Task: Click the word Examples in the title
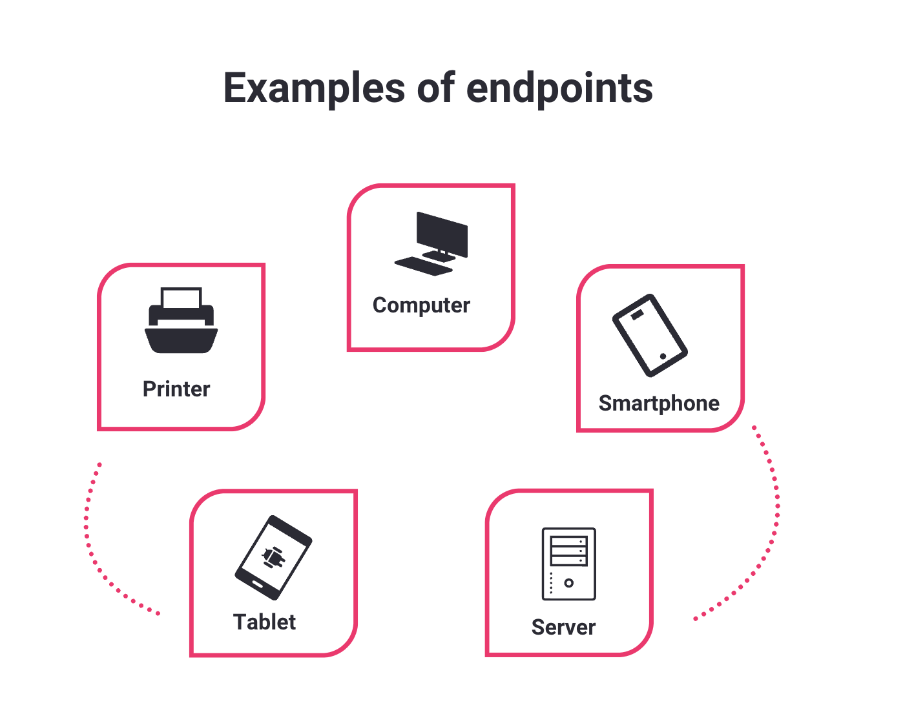coord(314,88)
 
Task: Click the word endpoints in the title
coord(559,88)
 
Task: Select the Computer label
coord(421,305)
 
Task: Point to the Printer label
coord(176,389)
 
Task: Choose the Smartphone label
coord(659,404)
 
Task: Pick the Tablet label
coord(264,622)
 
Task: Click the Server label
coord(563,628)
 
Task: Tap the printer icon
coord(181,321)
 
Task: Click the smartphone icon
coord(649,335)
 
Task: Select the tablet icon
coord(273,557)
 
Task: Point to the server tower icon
coord(568,564)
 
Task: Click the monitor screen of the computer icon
coord(442,232)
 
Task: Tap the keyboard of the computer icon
coord(424,265)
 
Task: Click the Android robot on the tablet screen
coord(273,557)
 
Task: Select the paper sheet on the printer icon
coord(182,298)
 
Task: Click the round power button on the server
coord(568,583)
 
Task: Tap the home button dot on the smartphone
coord(663,356)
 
